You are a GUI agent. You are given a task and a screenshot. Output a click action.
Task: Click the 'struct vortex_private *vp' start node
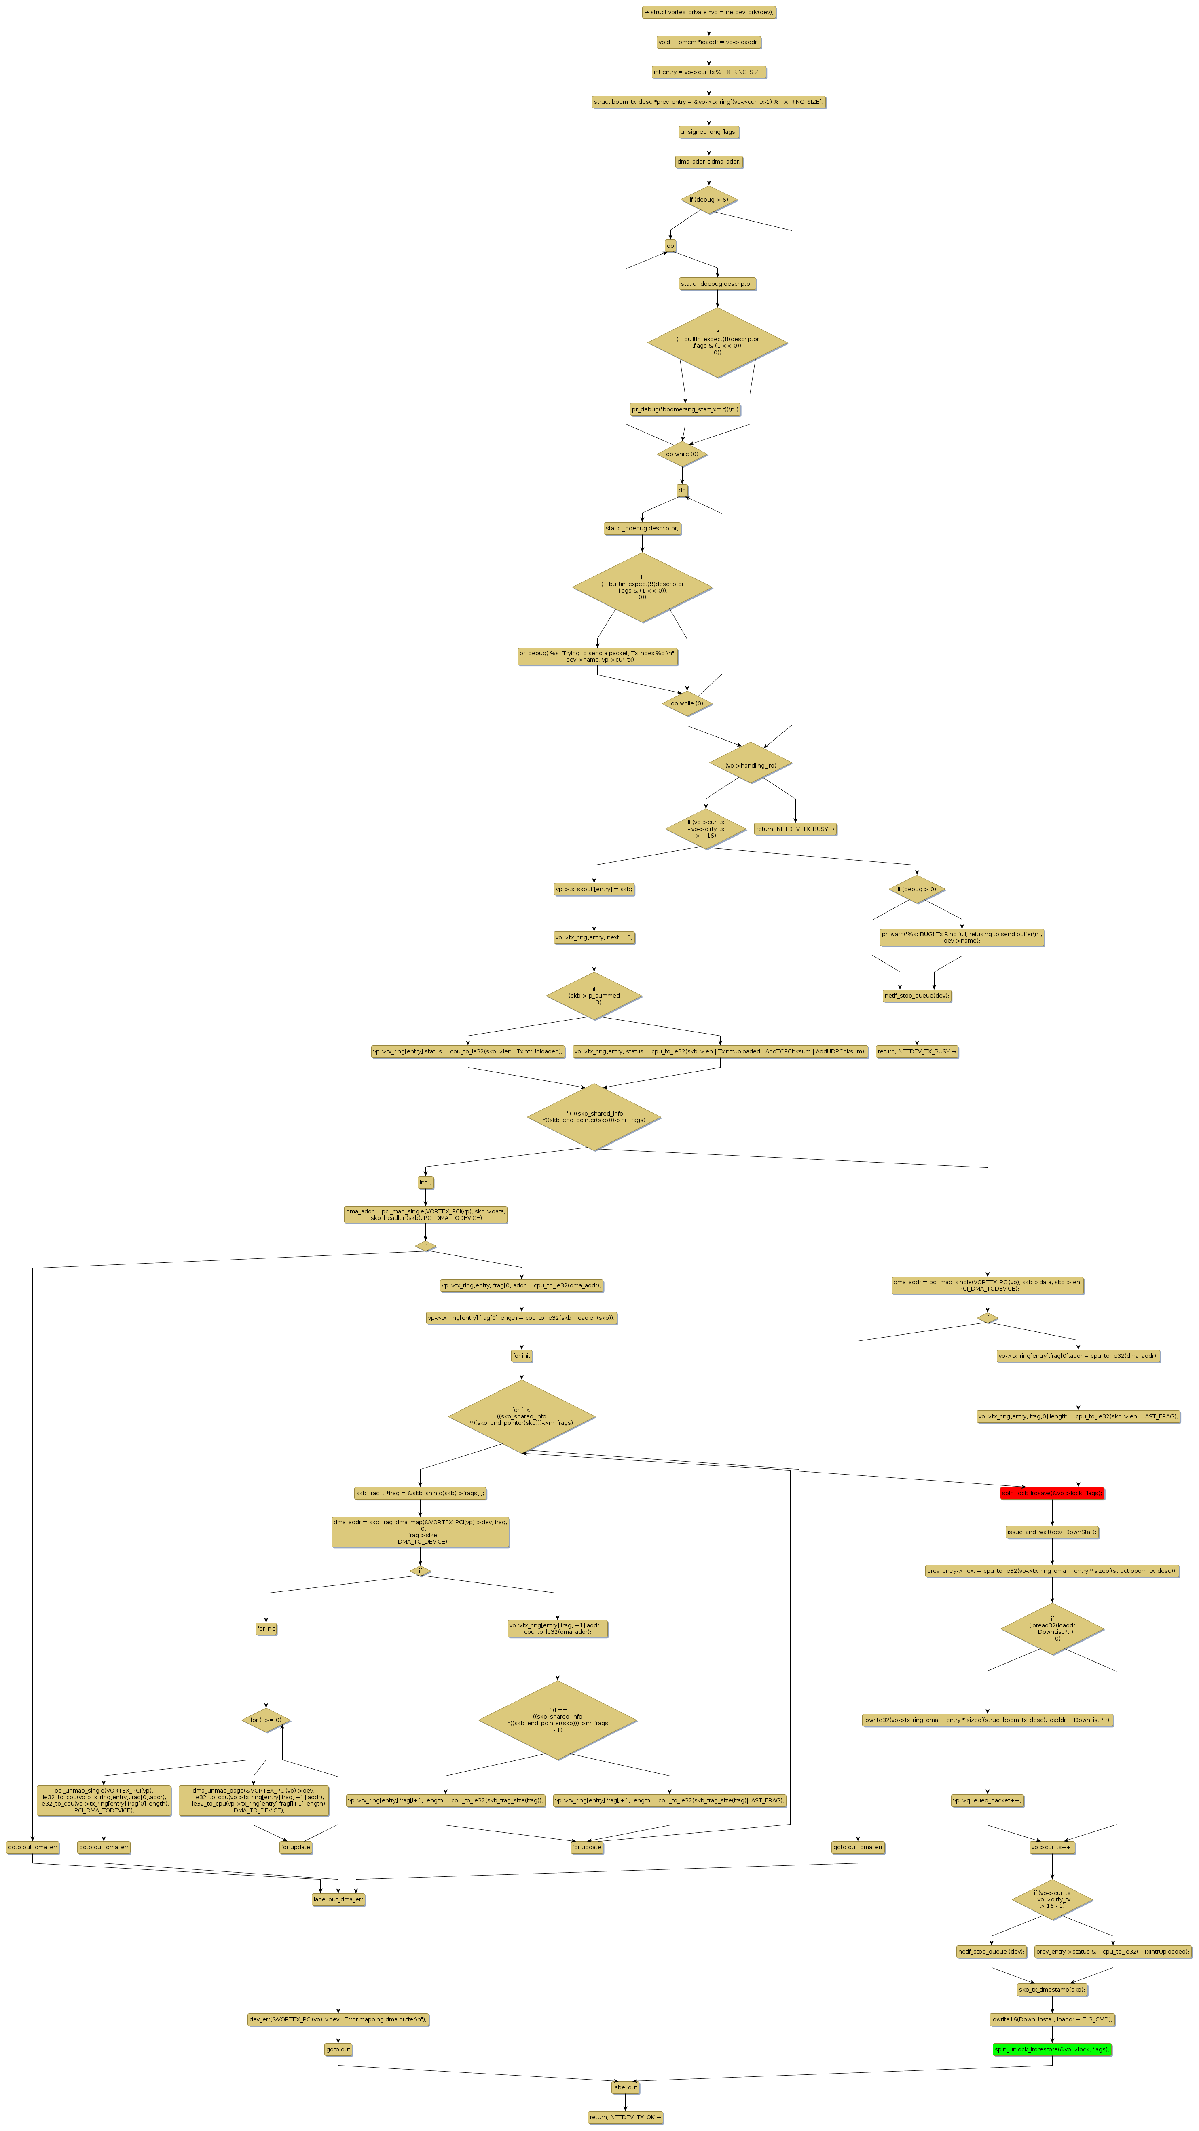click(708, 13)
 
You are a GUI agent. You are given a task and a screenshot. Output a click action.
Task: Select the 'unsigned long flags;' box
click(708, 131)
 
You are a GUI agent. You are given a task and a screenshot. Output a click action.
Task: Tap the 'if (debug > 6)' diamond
click(708, 199)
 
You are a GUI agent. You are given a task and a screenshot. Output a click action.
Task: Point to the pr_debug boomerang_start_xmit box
click(685, 409)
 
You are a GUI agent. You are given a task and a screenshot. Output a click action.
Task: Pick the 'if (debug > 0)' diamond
click(917, 889)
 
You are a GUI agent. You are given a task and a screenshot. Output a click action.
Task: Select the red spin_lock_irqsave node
click(1052, 1493)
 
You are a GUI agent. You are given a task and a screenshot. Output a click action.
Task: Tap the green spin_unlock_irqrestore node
click(1052, 2049)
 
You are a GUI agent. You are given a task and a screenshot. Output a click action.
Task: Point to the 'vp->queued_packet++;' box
click(987, 1800)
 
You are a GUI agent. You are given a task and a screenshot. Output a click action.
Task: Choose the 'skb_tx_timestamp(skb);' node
click(1052, 1990)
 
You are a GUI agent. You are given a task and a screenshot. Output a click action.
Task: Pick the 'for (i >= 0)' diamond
click(266, 1720)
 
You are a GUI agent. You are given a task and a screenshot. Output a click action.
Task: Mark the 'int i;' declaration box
click(425, 1182)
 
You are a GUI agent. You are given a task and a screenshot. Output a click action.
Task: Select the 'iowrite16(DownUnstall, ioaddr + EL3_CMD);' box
click(1052, 2019)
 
